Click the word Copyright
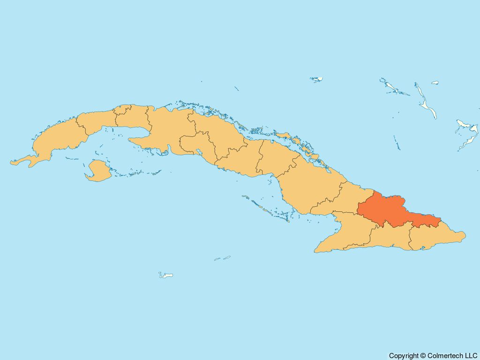point(404,356)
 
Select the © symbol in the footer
point(423,356)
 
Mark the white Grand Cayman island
point(166,275)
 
